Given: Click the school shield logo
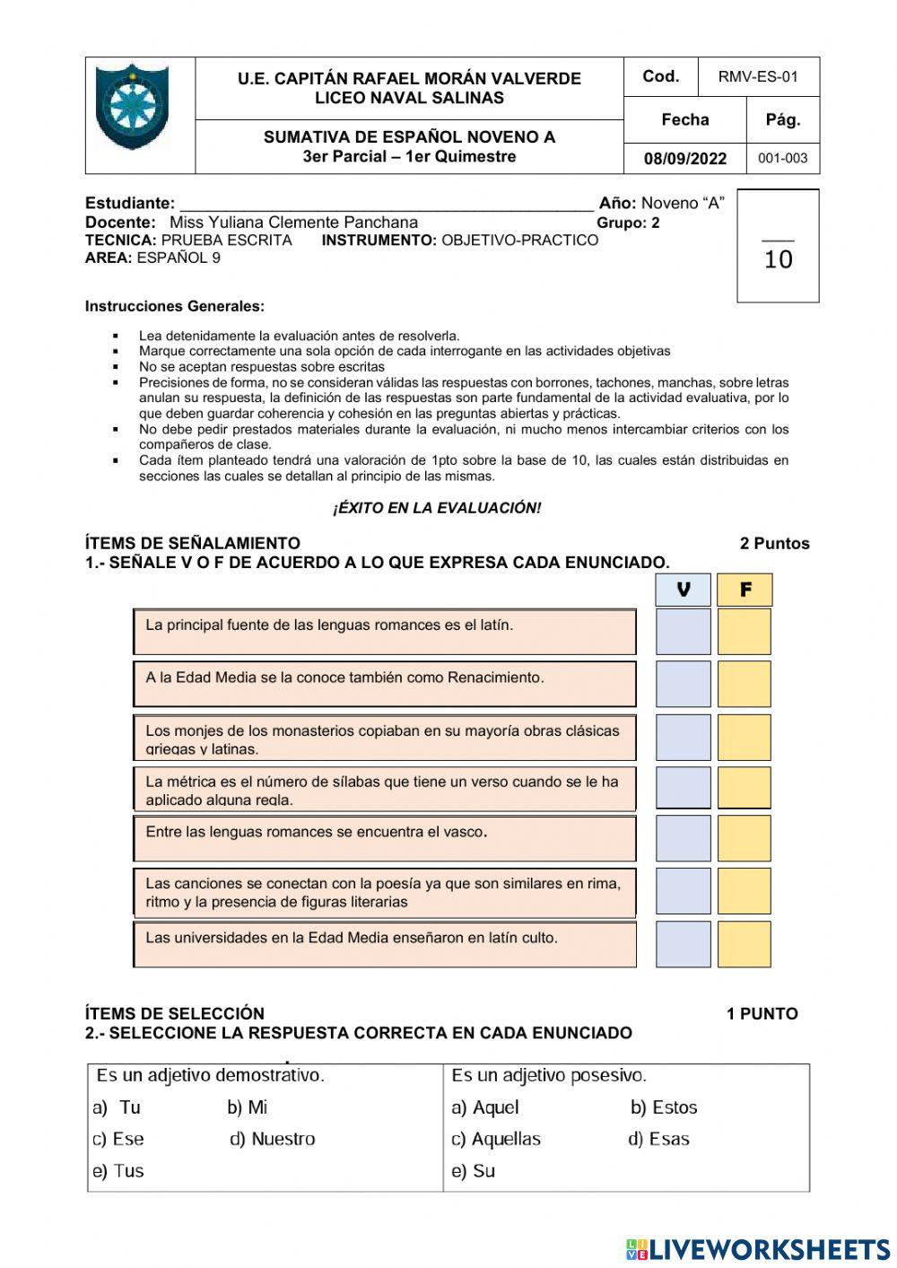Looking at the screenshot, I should (132, 108).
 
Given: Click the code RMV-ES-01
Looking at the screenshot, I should (758, 77).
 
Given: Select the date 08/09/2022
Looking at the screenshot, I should (685, 159).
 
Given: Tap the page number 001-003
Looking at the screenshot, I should (782, 159).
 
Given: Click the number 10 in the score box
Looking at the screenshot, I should (778, 260).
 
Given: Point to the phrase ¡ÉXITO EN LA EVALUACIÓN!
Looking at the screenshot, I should (437, 508).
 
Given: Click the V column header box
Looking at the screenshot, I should (684, 590).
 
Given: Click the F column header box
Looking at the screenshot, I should (745, 590).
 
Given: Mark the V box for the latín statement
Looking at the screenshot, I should (684, 632).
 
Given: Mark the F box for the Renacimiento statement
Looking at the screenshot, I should (745, 684).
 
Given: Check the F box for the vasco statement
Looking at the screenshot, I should (745, 838).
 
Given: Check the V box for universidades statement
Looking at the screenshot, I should (684, 944).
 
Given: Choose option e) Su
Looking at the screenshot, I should (473, 1171).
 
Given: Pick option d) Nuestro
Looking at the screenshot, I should (273, 1139).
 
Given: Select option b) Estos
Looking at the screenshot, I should (664, 1107).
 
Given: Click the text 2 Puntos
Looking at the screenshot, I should (774, 544).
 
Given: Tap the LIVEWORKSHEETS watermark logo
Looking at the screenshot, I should (758, 1248).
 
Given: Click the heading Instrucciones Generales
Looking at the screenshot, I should (175, 307).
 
